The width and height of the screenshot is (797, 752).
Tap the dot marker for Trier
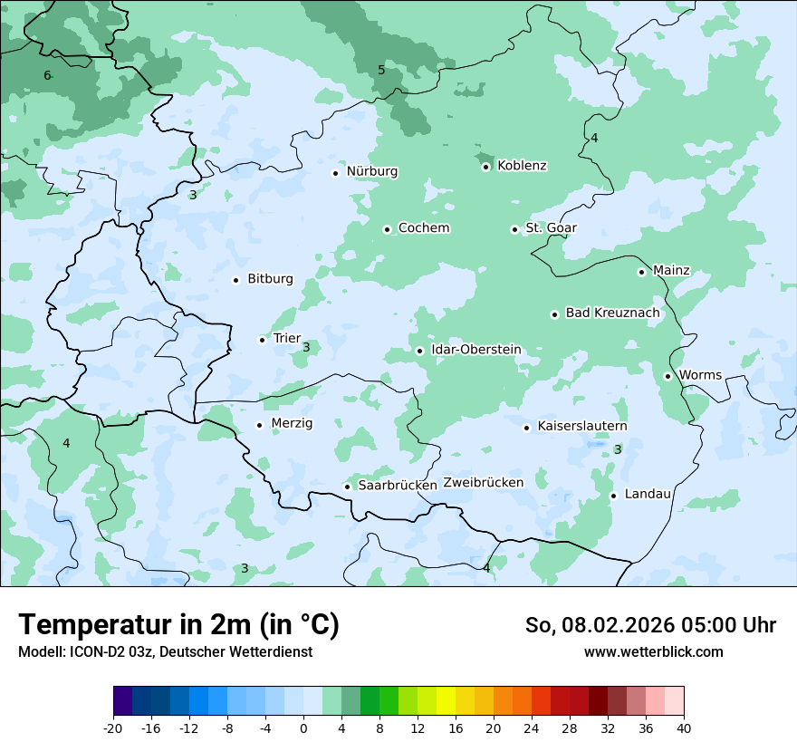(263, 340)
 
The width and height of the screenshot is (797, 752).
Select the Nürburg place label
(371, 171)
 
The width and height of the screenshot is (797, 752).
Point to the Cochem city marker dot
(387, 229)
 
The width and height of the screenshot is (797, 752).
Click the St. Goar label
(551, 228)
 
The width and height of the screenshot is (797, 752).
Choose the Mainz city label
(671, 271)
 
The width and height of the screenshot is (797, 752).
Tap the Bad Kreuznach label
(612, 313)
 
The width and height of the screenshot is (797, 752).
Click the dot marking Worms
(667, 376)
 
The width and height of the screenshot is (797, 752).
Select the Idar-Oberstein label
(475, 350)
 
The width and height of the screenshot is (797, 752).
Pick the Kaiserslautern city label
(581, 427)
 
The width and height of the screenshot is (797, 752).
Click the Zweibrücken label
(483, 483)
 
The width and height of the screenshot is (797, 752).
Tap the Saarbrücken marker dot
(347, 487)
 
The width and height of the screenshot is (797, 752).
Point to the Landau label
(648, 495)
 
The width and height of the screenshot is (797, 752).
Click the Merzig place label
(292, 424)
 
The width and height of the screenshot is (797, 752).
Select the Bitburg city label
(270, 279)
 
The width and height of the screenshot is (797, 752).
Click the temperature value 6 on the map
(47, 75)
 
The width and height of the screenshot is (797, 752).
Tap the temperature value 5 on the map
(381, 70)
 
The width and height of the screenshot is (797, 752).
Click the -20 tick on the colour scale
(113, 728)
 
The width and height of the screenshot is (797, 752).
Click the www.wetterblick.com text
(653, 652)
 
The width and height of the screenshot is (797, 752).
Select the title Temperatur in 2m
(178, 625)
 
